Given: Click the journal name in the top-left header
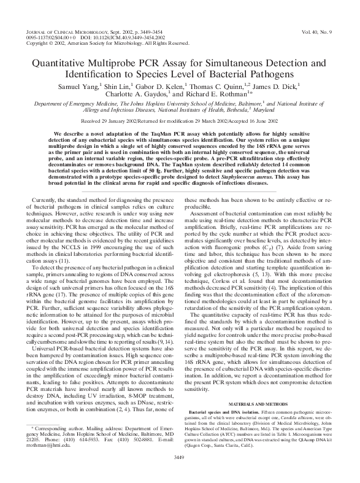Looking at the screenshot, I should pyautogui.click(x=60, y=30).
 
